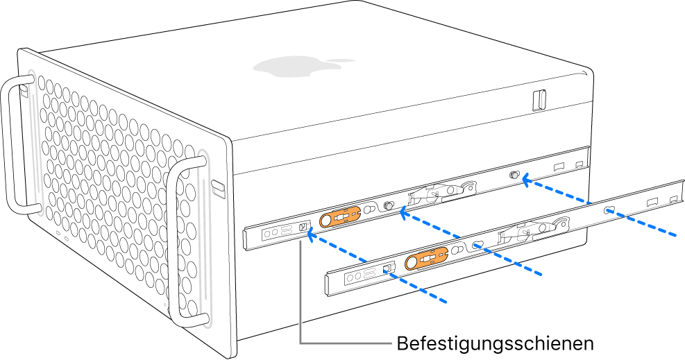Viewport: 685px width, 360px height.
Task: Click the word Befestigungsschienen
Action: pos(494,343)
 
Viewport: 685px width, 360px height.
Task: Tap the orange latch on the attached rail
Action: pos(339,218)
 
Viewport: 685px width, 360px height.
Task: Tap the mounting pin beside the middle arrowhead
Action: pos(389,206)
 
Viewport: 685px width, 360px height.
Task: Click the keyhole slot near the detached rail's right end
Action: pos(609,210)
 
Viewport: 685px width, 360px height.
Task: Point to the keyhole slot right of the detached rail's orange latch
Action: pos(478,244)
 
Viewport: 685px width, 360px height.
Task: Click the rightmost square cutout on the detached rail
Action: pos(673,200)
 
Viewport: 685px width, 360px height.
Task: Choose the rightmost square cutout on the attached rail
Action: pos(579,164)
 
